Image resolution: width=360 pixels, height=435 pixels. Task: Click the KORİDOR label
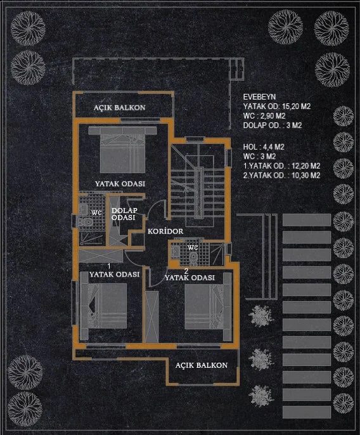[165, 231]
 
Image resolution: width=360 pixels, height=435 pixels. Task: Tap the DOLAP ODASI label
[124, 214]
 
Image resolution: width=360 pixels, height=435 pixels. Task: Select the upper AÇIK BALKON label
[119, 108]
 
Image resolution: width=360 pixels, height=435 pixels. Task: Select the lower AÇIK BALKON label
[202, 365]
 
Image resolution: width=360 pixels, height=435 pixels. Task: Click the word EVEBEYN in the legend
[259, 97]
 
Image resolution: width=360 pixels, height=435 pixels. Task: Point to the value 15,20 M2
[296, 107]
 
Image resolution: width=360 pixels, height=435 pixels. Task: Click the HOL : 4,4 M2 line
[264, 147]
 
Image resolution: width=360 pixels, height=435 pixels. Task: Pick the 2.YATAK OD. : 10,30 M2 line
[281, 175]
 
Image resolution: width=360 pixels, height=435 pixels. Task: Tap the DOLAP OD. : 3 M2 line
[272, 126]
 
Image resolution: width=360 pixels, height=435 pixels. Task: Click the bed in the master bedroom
[122, 150]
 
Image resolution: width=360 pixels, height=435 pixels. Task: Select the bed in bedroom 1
[103, 306]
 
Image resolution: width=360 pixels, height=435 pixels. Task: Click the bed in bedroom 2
[208, 306]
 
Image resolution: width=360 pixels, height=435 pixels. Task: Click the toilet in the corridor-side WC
[193, 257]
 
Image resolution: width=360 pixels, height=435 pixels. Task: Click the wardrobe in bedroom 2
[151, 317]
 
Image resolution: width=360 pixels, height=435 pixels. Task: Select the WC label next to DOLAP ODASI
[96, 213]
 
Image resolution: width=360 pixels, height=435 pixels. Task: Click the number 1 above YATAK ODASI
[109, 266]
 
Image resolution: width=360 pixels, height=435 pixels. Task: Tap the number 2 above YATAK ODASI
[186, 271]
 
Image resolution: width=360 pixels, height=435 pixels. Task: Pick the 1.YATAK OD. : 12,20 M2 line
[281, 166]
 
